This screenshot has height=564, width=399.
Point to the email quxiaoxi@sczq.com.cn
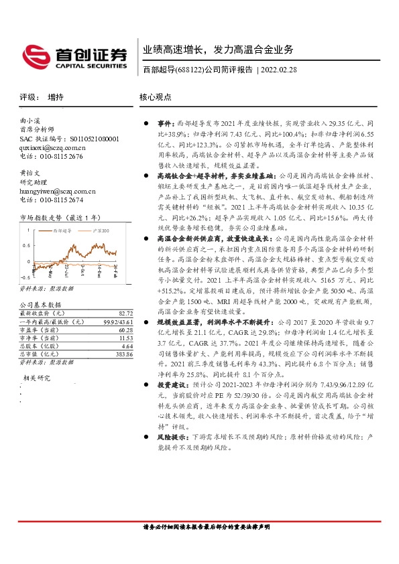pos(52,147)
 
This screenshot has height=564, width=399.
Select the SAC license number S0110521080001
pos(90,139)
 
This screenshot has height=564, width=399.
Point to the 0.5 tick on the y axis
pos(25,243)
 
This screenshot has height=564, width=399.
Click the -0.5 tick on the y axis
pos(24,276)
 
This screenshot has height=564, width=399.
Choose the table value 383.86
pos(122,354)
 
